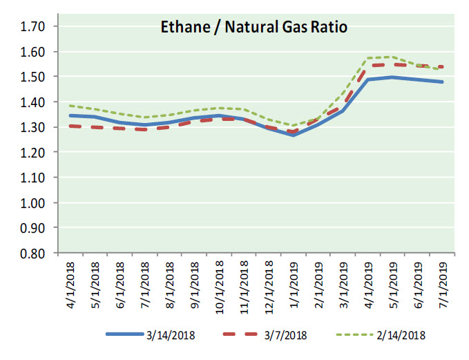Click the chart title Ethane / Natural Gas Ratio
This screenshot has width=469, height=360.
point(253,28)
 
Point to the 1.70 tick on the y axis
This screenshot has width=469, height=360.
point(33,27)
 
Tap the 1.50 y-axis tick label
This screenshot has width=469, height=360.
point(33,77)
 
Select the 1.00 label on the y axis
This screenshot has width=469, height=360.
point(33,203)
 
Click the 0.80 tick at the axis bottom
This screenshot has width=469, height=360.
point(33,253)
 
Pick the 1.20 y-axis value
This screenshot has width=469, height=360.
point(33,153)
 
